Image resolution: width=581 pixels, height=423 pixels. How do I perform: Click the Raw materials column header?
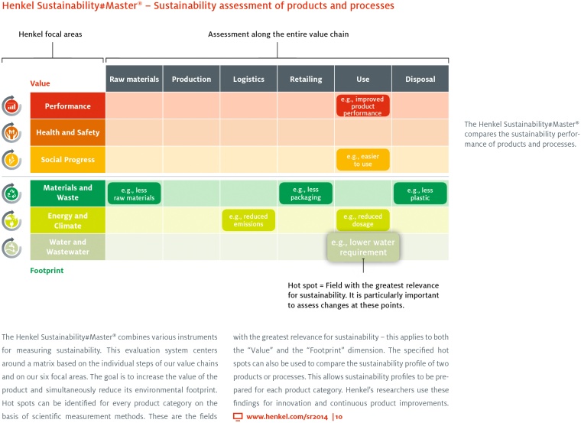pos(134,79)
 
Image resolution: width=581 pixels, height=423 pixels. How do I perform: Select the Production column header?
pos(191,79)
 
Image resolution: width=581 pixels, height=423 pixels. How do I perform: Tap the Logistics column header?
pos(248,79)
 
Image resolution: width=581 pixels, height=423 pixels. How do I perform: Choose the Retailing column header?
pos(306,79)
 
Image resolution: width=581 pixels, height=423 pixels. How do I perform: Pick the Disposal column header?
pos(420,79)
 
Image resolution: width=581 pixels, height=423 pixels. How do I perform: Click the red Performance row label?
pos(67,106)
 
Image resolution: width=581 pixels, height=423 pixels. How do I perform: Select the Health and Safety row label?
pos(67,132)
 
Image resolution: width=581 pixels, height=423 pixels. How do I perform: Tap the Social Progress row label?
pos(67,160)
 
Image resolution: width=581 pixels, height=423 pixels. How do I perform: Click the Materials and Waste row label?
pos(67,193)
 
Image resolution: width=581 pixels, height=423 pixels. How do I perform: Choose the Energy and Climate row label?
pos(67,220)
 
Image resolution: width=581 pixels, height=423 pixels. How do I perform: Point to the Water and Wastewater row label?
pos(67,247)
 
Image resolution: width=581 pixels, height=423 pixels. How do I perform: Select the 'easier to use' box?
pos(362,160)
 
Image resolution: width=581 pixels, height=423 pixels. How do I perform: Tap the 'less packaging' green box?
pos(306,194)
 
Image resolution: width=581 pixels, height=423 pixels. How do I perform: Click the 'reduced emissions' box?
pos(248,220)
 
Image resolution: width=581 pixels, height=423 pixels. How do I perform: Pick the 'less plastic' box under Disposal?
pos(420,194)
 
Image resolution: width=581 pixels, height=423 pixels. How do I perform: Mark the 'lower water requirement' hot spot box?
pos(364,247)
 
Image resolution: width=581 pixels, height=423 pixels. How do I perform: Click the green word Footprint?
pos(47,270)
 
